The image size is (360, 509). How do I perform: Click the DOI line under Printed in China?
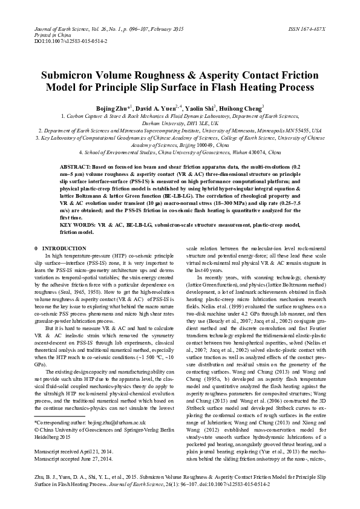(54, 41)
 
